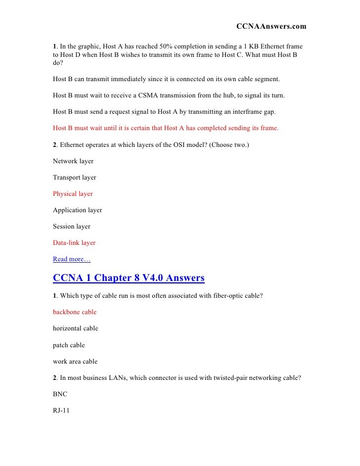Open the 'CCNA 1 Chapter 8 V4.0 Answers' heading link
[129, 278]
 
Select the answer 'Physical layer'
[73, 194]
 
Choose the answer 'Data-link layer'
[74, 243]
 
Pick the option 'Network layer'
[73, 161]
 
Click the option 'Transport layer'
[75, 178]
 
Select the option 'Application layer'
[78, 210]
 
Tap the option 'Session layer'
[72, 227]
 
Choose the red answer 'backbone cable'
[75, 312]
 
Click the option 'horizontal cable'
[76, 328]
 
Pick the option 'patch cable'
[69, 345]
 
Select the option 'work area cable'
[75, 361]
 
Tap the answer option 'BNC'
[60, 394]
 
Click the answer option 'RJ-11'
[61, 410]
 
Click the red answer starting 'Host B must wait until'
[166, 128]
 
